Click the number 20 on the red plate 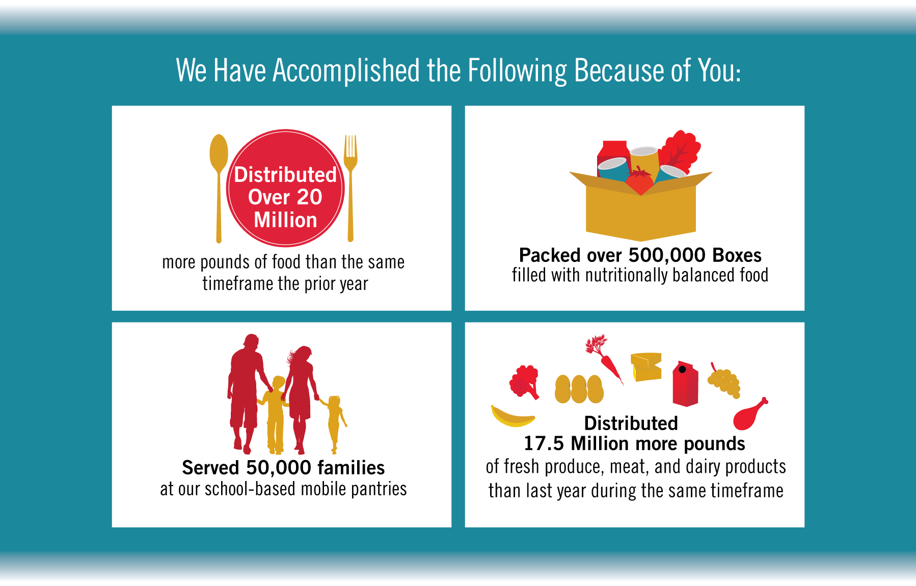pos(310,197)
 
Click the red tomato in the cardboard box pos(640,181)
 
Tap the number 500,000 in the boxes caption pos(667,255)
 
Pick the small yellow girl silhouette pos(334,423)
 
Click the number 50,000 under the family pos(278,468)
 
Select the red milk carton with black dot pos(685,384)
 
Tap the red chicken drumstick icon pos(749,414)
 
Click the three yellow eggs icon pos(579,389)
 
